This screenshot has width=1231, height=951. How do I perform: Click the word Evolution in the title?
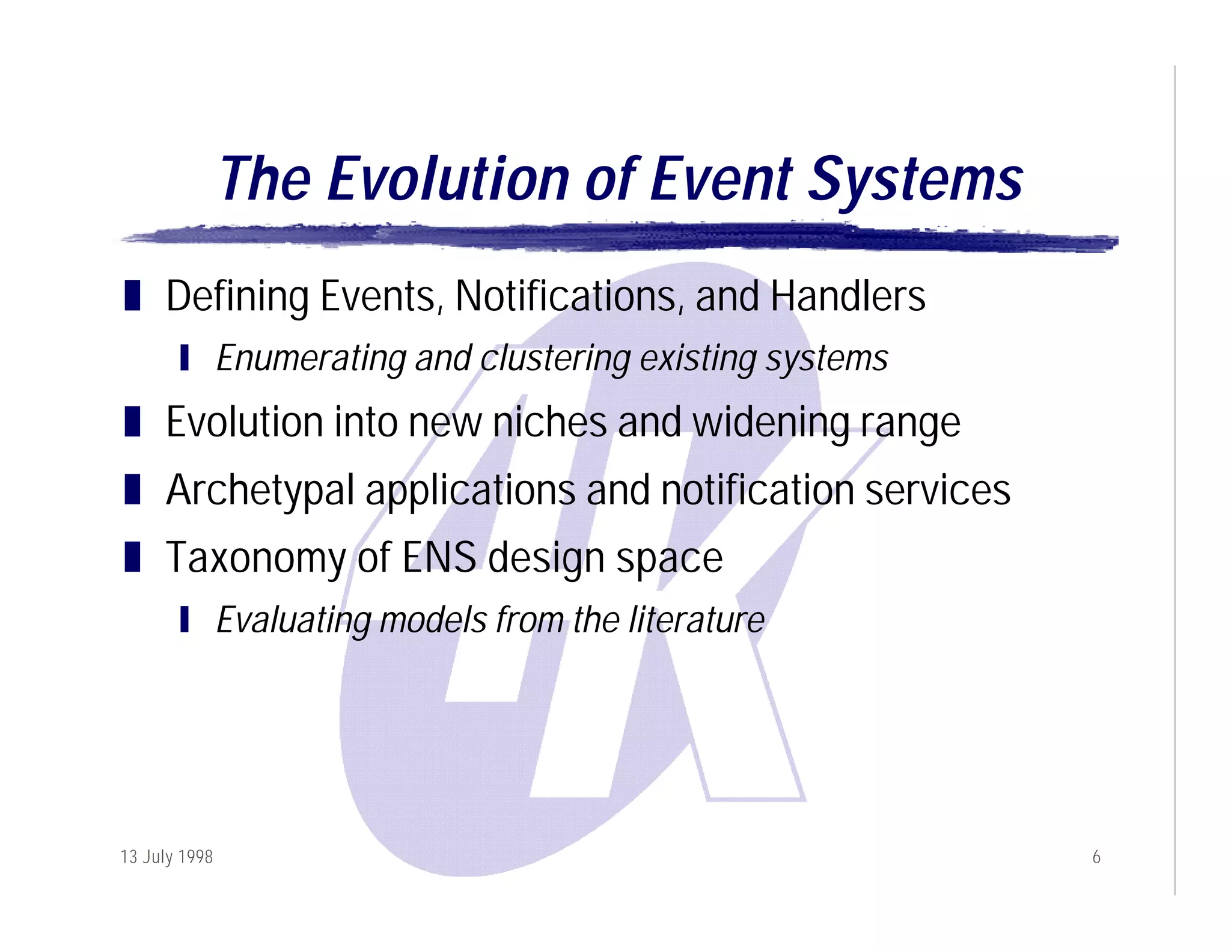click(448, 179)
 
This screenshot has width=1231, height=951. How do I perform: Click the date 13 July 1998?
click(166, 856)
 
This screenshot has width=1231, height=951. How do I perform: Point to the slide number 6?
click(1096, 857)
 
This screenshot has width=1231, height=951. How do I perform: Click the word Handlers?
click(848, 296)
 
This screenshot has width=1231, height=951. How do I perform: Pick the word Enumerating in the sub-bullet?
click(311, 359)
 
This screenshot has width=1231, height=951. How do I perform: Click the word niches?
click(549, 422)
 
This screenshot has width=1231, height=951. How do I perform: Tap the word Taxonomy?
click(257, 558)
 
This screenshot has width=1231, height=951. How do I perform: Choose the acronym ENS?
click(439, 557)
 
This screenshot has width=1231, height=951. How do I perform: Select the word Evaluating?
click(293, 621)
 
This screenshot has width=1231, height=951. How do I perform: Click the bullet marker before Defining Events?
click(132, 296)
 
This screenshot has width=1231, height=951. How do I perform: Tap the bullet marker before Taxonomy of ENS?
click(132, 556)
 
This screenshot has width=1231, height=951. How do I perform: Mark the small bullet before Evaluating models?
click(185, 619)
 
